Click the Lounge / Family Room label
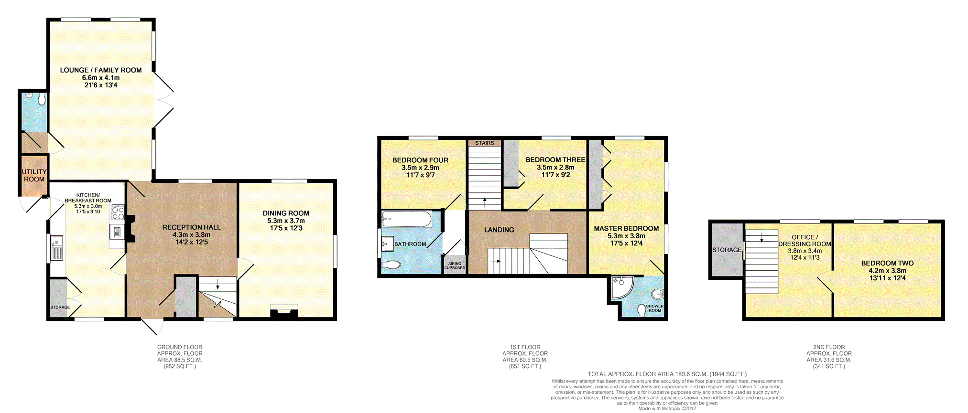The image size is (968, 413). click(x=101, y=70)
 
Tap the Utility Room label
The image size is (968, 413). click(x=34, y=175)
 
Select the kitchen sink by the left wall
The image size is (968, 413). click(x=56, y=248)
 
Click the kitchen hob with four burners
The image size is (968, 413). click(x=118, y=212)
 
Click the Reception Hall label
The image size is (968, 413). click(x=191, y=227)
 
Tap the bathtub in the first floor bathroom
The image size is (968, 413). click(x=407, y=219)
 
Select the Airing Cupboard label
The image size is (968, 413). click(x=455, y=265)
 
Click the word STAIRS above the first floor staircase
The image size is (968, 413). click(x=485, y=143)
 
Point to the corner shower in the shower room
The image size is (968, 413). click(x=621, y=287)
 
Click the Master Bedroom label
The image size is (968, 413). click(x=626, y=229)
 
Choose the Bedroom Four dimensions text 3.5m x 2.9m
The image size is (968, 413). click(x=420, y=168)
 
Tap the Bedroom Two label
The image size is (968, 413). click(x=887, y=263)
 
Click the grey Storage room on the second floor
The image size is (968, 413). click(x=727, y=250)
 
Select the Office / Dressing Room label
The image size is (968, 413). click(x=805, y=241)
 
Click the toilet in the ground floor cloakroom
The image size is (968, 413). click(x=42, y=99)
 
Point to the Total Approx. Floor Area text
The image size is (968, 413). click(x=667, y=374)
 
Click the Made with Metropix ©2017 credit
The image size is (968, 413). click(x=667, y=409)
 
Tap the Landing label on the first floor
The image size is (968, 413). click(x=499, y=230)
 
